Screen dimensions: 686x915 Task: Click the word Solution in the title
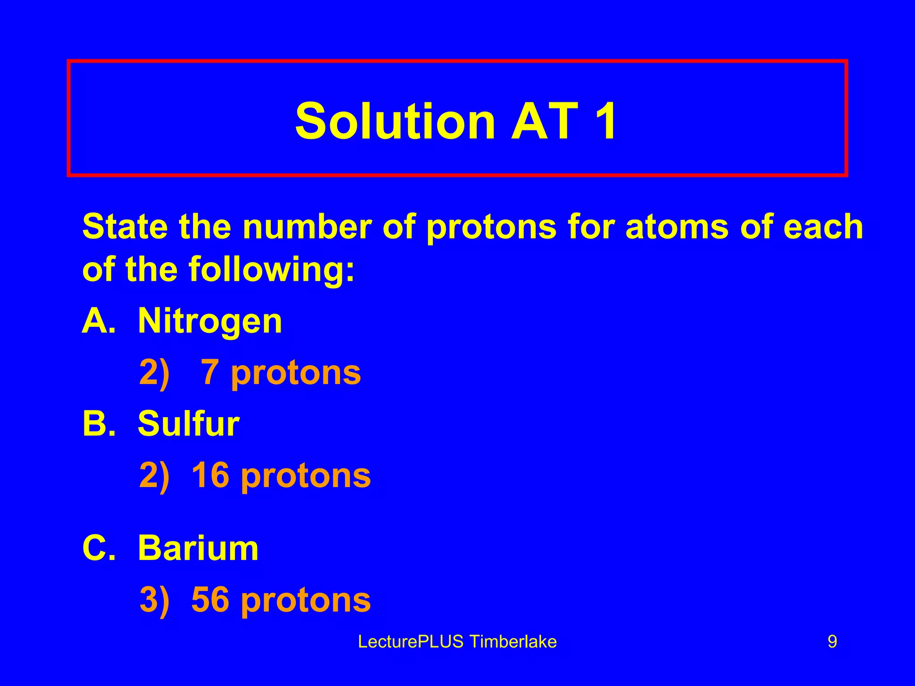(x=395, y=121)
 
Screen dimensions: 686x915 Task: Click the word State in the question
(x=125, y=227)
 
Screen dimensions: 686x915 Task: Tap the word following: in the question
(x=272, y=270)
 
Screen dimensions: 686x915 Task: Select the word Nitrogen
(x=210, y=321)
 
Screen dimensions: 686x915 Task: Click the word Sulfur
(x=188, y=423)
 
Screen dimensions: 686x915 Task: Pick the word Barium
(x=198, y=548)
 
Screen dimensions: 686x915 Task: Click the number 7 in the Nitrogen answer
(x=210, y=372)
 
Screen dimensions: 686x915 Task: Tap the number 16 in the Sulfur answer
(x=210, y=475)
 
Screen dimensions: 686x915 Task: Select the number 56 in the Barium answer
(x=210, y=599)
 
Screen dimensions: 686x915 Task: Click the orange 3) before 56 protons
(x=155, y=599)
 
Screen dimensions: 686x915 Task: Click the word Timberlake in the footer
(x=513, y=642)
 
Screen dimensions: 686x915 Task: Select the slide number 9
(x=832, y=642)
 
